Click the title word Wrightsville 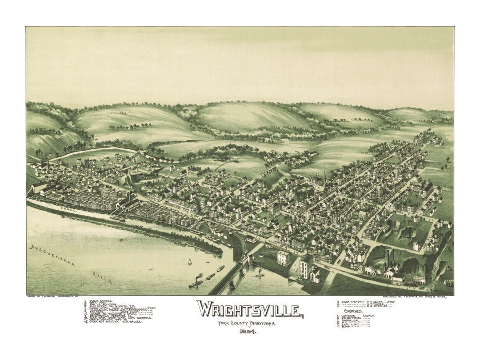point(250,309)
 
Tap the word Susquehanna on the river point(52,256)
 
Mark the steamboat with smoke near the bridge point(196,283)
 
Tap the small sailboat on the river point(189,262)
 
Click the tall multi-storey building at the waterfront point(306,267)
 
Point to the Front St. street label point(284,249)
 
